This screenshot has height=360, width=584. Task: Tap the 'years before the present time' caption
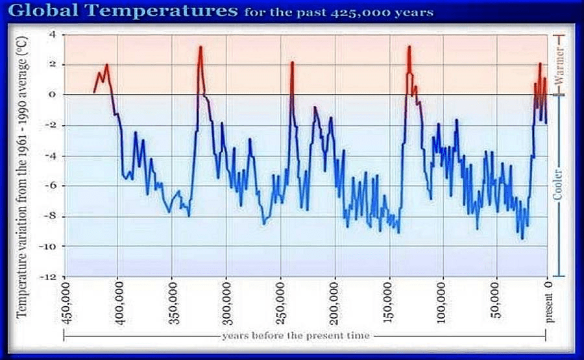coord(297,335)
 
